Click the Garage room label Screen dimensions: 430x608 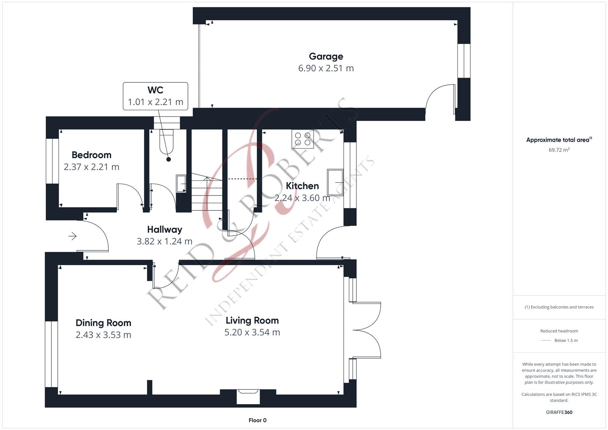[x=326, y=57]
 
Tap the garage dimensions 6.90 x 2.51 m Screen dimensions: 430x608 [x=326, y=68]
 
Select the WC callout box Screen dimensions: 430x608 [x=155, y=96]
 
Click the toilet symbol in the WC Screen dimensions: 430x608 [x=167, y=142]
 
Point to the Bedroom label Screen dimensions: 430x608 [x=91, y=155]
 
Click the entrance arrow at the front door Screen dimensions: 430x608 [x=72, y=236]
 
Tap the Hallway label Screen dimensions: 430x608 [x=164, y=229]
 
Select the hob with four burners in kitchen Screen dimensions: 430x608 [x=303, y=139]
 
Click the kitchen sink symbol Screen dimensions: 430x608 [x=335, y=182]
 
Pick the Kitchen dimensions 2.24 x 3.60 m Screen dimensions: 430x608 [x=302, y=198]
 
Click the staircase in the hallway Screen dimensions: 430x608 [x=207, y=192]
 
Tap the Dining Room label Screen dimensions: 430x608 [x=103, y=323]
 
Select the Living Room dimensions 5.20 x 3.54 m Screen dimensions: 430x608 [x=252, y=332]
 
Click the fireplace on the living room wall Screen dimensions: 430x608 [x=248, y=397]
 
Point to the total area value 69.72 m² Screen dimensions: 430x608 [x=559, y=150]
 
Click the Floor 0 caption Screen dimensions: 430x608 [x=257, y=420]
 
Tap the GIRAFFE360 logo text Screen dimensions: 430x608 [x=559, y=412]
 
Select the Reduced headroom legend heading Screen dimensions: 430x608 [x=559, y=331]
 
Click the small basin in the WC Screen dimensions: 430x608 [x=181, y=184]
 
